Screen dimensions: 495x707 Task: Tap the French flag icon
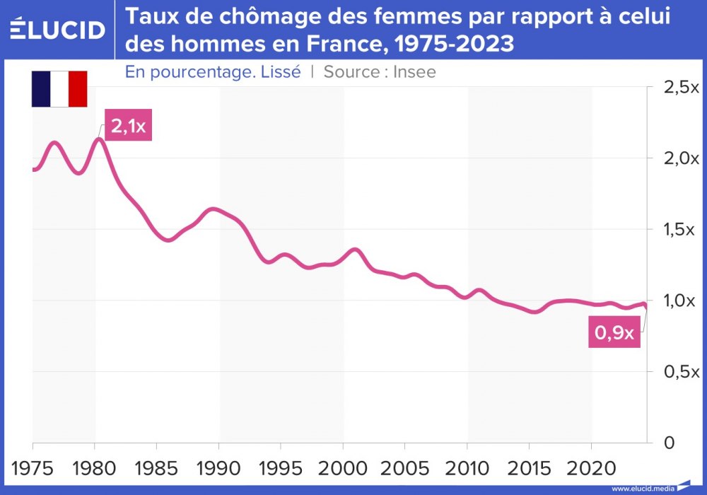click(59, 89)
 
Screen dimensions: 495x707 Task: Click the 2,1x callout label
click(128, 126)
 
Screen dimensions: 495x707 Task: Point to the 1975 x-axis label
click(33, 469)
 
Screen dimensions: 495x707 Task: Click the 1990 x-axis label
click(219, 469)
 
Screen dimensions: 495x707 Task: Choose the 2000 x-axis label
click(343, 469)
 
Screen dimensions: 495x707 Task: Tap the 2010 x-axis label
click(467, 469)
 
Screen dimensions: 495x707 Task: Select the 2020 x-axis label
click(591, 469)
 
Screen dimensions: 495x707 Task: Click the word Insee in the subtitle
click(415, 71)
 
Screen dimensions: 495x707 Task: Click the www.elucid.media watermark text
click(643, 488)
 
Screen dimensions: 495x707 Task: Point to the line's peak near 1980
click(99, 139)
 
